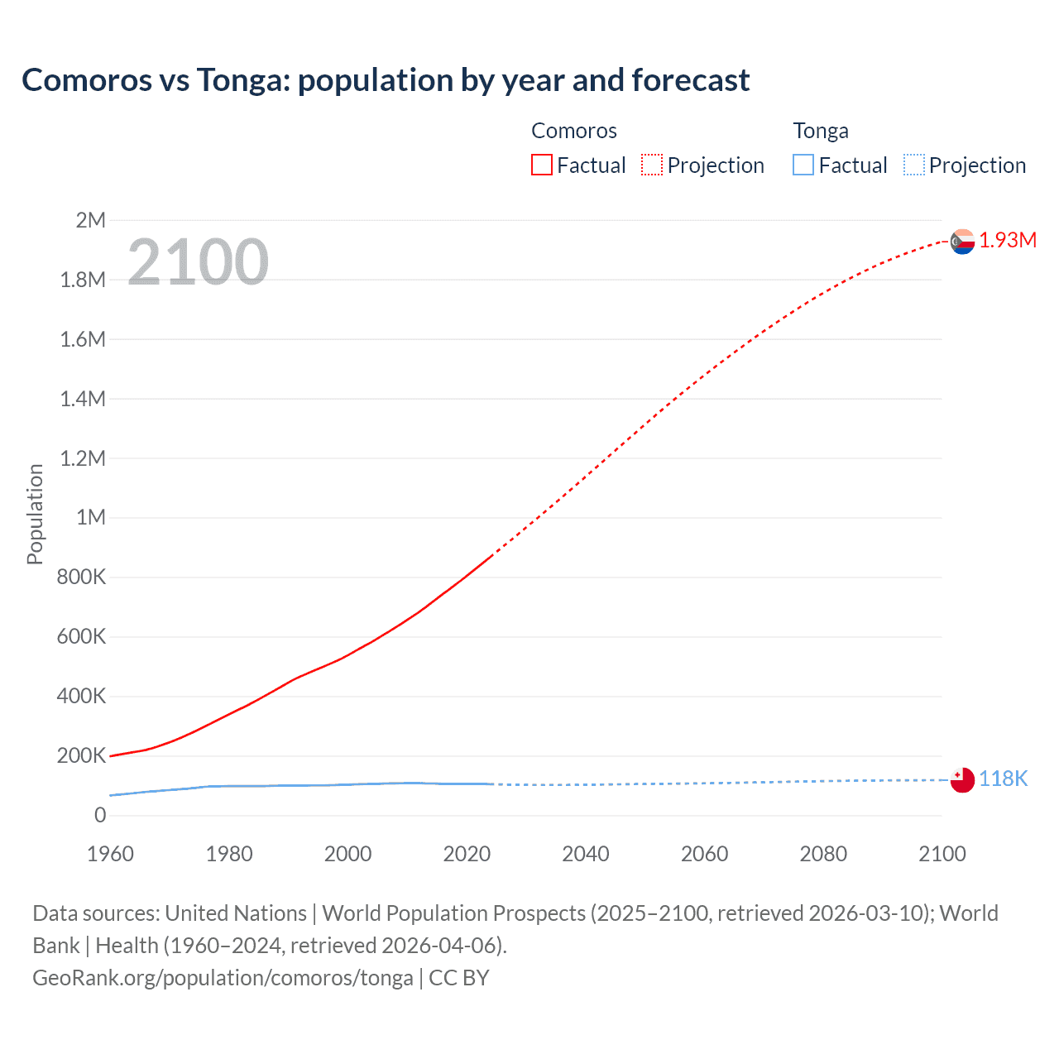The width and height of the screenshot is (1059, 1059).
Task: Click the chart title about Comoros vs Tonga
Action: point(386,80)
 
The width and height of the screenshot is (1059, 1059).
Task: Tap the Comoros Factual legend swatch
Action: point(541,165)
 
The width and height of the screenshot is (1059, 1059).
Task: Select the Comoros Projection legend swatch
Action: point(652,165)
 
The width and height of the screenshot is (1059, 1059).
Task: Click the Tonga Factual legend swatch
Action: point(803,165)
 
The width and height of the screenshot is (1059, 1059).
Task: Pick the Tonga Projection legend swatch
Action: point(913,165)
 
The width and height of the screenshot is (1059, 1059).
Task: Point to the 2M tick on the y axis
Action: point(90,220)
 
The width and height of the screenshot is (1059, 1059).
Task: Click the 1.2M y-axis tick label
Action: point(83,458)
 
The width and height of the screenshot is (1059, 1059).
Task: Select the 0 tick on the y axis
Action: point(100,815)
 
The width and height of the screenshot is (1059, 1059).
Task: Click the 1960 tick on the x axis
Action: point(110,854)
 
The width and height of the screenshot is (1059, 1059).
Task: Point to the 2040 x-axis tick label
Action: point(586,854)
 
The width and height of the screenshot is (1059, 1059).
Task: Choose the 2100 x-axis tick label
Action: point(942,854)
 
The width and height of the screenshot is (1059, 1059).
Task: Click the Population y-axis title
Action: point(35,514)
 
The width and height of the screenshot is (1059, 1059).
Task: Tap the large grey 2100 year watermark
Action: point(198,262)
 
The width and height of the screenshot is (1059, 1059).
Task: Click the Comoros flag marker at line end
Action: point(962,242)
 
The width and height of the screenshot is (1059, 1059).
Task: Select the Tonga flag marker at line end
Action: point(962,779)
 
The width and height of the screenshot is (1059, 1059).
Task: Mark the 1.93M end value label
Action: point(1008,240)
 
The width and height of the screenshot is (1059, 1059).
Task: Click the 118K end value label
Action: point(1003,779)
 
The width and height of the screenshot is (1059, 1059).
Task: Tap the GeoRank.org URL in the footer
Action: point(223,978)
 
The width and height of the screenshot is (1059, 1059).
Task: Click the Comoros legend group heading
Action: point(573,131)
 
